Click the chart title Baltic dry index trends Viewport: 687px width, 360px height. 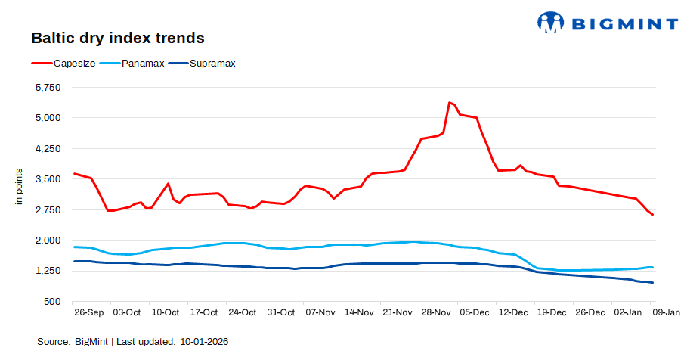117,37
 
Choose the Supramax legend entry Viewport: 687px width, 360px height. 212,64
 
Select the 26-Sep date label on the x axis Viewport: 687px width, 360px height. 88,312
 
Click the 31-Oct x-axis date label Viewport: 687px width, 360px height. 281,312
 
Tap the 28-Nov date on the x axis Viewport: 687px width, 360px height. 436,312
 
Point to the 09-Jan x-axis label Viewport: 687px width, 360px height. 666,312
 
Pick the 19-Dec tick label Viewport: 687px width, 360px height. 552,312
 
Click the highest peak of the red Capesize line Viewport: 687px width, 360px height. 449,102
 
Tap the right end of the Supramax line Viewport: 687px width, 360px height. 652,283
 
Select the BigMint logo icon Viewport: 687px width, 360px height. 550,23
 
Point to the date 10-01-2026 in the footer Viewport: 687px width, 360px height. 204,342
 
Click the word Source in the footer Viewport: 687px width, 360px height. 54,342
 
